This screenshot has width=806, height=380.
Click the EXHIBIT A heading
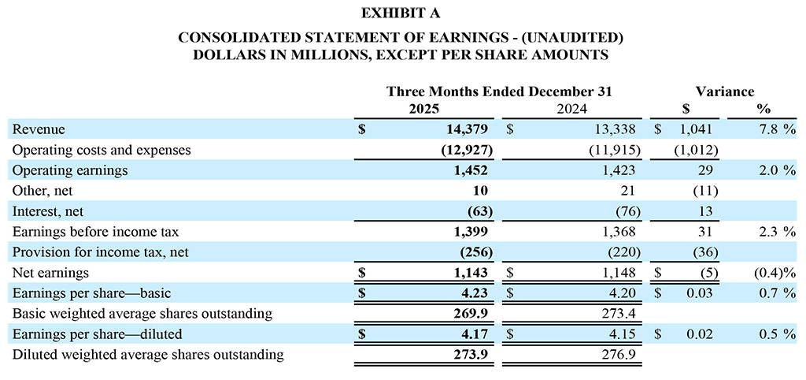click(x=401, y=13)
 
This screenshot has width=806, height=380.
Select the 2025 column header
click(x=424, y=109)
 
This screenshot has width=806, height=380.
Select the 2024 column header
click(x=572, y=109)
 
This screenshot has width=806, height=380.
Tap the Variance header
click(x=724, y=91)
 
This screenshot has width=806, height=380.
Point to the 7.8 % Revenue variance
click(x=775, y=129)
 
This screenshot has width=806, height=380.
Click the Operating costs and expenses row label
click(x=102, y=150)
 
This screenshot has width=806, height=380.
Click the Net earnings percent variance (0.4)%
click(x=771, y=273)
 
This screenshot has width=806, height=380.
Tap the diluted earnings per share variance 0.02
click(x=700, y=334)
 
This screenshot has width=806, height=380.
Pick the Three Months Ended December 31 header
click(x=499, y=91)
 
